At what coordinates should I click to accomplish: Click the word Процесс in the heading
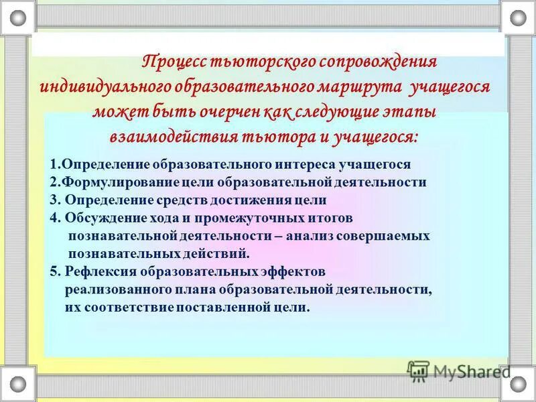[x=176, y=62]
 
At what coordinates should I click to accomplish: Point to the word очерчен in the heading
[x=246, y=111]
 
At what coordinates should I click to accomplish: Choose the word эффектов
[x=292, y=272]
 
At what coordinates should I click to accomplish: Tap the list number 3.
[x=54, y=200]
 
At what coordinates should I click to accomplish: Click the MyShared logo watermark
[x=459, y=371]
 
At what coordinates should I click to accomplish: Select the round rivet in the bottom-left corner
[x=18, y=384]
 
